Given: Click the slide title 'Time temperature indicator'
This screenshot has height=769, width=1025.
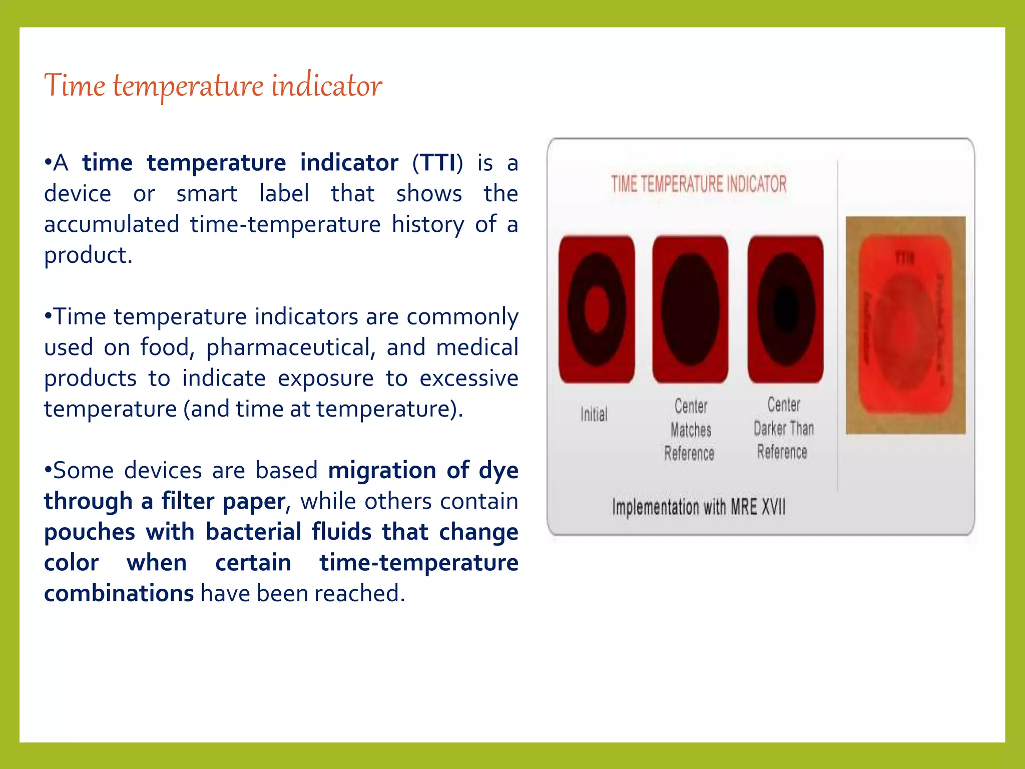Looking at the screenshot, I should pos(213,85).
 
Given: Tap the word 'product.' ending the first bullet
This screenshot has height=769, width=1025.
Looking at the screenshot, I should pos(88,255).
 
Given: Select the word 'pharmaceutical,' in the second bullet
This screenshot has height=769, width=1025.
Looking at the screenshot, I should pos(291,347).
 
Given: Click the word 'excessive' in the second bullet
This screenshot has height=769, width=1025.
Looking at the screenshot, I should pos(468,378).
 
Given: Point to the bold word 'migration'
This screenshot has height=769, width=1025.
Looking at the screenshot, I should pos(382,471).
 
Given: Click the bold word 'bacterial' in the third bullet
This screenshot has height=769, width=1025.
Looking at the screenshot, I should pos(253,532).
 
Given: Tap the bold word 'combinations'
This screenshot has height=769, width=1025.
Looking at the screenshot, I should pos(119,593).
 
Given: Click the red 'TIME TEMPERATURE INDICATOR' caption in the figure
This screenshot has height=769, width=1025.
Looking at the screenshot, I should pos(699,184).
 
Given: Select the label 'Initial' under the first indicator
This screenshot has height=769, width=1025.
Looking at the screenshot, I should pos(594,415).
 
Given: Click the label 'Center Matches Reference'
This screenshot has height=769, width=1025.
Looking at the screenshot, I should pos(690,430).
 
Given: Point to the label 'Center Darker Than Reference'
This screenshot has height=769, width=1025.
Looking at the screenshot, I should pos(783,428).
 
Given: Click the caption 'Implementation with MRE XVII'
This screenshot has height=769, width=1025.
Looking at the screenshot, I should pos(699,507).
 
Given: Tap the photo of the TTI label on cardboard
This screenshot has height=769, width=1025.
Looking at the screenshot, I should pos(905,325).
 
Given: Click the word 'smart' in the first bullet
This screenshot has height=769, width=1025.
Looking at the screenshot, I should pos(207,194).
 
